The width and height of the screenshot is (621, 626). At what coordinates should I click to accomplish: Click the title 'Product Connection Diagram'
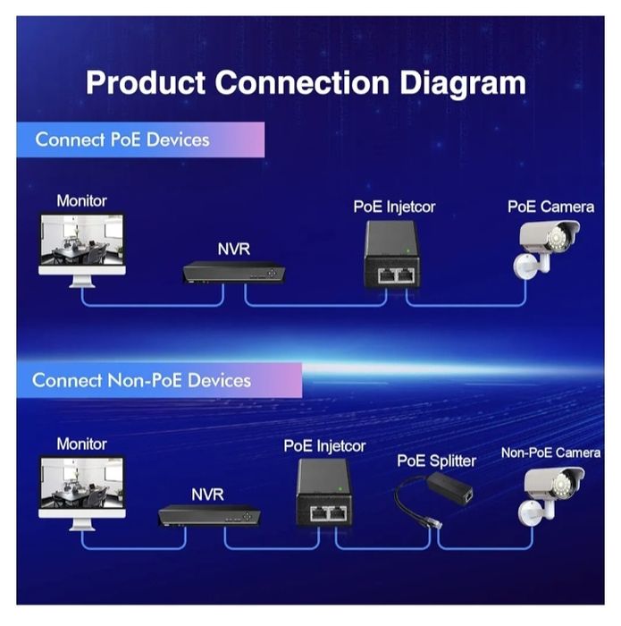pyautogui.click(x=306, y=82)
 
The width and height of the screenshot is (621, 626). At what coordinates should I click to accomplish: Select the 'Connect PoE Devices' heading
pyautogui.click(x=122, y=140)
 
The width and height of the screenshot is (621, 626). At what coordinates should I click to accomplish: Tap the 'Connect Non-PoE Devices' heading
pyautogui.click(x=141, y=380)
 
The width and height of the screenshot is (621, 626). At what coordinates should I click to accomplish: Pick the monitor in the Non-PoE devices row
pyautogui.click(x=81, y=489)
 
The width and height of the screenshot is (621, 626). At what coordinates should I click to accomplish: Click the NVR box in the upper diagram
pyautogui.click(x=232, y=272)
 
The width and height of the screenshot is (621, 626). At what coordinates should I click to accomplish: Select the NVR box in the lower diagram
pyautogui.click(x=209, y=514)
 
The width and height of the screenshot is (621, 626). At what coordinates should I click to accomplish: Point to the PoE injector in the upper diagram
pyautogui.click(x=391, y=254)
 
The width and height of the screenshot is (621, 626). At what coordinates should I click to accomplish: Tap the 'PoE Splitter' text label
pyautogui.click(x=436, y=461)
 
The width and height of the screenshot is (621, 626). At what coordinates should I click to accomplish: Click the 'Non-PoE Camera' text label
pyautogui.click(x=550, y=453)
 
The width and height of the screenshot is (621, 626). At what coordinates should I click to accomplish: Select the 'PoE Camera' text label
pyautogui.click(x=550, y=207)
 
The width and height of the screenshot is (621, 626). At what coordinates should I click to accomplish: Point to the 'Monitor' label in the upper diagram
pyautogui.click(x=81, y=200)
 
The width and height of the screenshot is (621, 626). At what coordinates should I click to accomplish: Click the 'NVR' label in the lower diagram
pyautogui.click(x=207, y=494)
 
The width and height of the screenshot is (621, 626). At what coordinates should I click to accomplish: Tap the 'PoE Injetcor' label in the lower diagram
pyautogui.click(x=324, y=445)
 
